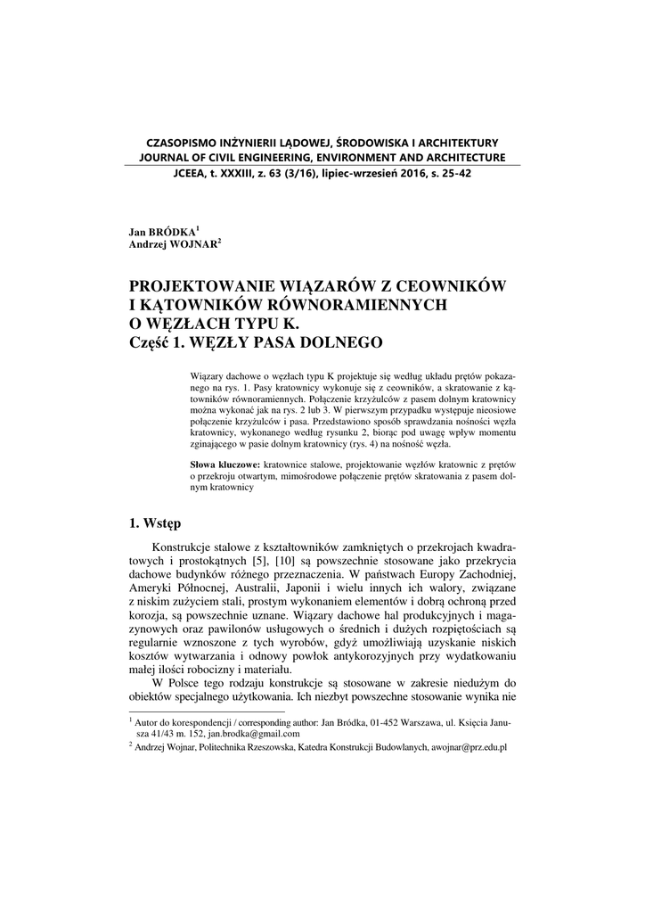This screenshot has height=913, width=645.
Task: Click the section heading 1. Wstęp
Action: tap(155, 523)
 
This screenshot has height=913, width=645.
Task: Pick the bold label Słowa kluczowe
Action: tap(226, 465)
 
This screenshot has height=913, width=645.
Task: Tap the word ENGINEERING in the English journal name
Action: tap(276, 158)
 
